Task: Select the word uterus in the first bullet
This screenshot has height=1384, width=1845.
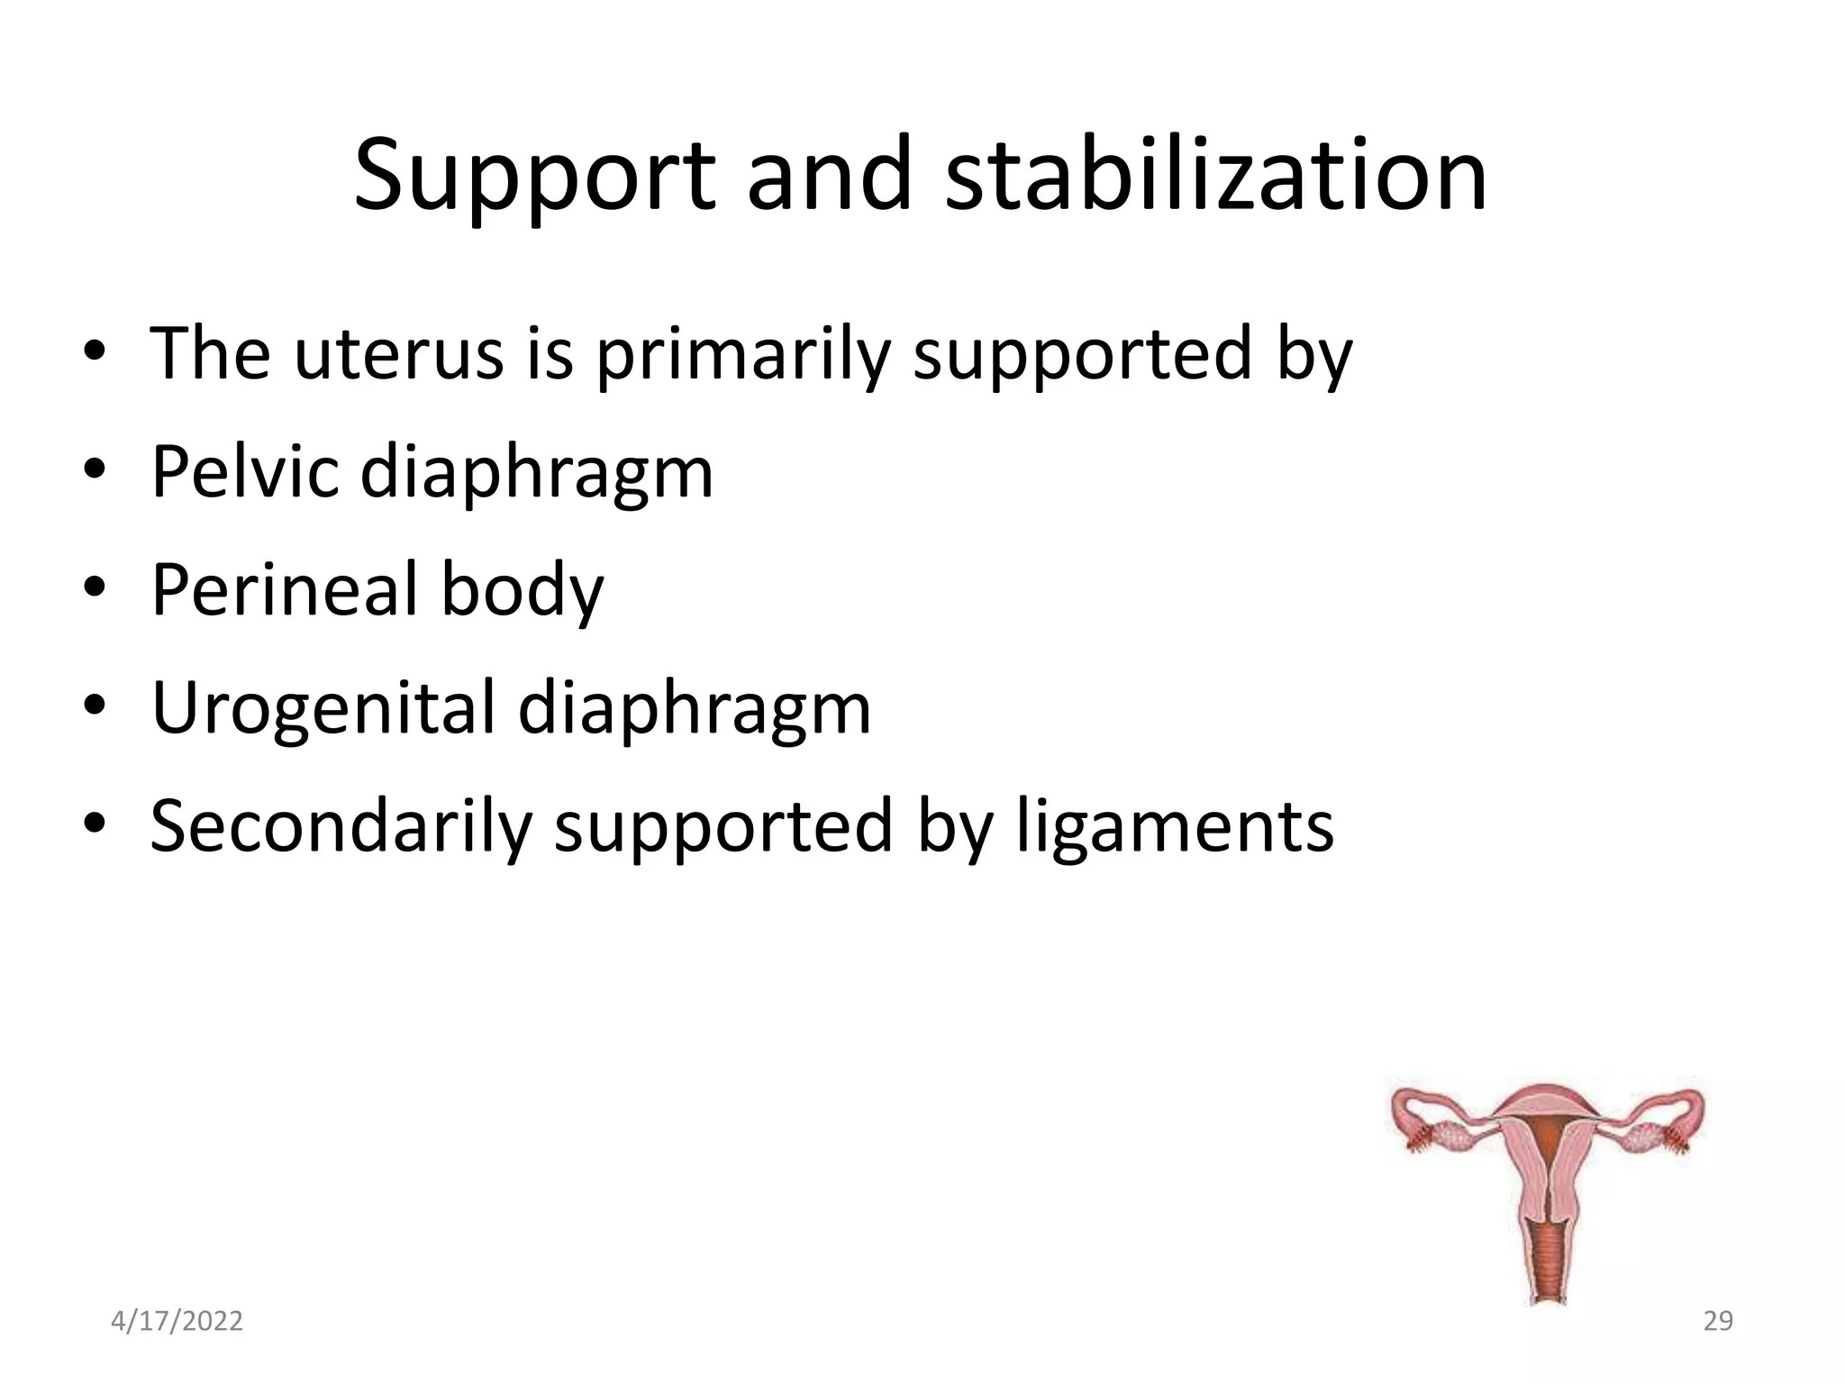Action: pyautogui.click(x=397, y=353)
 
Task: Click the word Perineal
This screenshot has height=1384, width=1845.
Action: pyautogui.click(x=284, y=590)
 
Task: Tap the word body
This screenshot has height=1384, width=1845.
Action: pyautogui.click(x=522, y=590)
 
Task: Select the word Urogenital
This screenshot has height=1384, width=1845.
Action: pyautogui.click(x=323, y=708)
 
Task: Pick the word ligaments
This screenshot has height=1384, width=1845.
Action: pyautogui.click(x=1175, y=826)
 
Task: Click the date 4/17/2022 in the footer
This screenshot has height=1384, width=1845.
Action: pyautogui.click(x=177, y=1321)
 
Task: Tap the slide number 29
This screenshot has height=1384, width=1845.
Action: pyautogui.click(x=1718, y=1321)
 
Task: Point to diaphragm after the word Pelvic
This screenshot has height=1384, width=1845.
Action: pyautogui.click(x=536, y=473)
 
